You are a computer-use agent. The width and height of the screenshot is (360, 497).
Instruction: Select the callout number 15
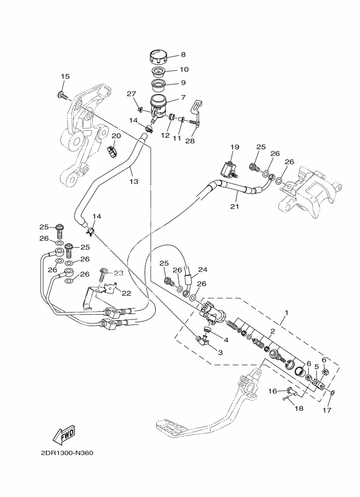coord(65,77)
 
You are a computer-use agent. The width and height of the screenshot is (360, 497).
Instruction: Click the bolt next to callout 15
coord(62,96)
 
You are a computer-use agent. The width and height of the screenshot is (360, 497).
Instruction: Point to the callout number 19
coord(234,147)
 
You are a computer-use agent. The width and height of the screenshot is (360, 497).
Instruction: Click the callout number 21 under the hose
coord(235,206)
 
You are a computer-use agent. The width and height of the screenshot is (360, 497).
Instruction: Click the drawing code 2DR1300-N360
coord(67,453)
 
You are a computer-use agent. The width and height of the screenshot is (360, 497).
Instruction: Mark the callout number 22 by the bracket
coord(126,293)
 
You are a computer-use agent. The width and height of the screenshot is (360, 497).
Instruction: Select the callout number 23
coord(119,273)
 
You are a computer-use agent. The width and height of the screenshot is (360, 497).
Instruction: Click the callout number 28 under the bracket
coord(190,142)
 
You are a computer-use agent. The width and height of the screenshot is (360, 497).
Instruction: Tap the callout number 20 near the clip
coord(116,136)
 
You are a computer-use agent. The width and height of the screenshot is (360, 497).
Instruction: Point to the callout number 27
coord(131,94)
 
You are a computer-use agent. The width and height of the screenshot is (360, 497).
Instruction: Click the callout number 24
coord(203,269)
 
